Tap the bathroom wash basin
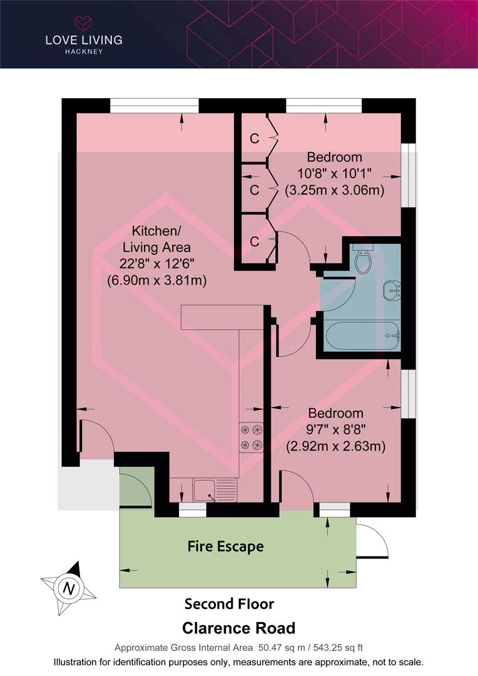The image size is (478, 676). pos(392,290)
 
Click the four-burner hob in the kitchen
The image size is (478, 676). pos(252,437)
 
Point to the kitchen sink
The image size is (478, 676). pos(215,490)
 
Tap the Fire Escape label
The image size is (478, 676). pos(225,546)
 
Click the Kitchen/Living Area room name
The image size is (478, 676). pos(156,239)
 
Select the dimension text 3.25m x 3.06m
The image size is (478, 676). pos(335,190)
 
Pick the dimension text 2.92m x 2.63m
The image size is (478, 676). pos(336,446)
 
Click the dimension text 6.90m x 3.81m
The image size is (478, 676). pos(156,280)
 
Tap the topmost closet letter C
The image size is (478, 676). pos(255,138)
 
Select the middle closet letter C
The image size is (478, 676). pos(255,190)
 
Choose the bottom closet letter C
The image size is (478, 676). pos(255,242)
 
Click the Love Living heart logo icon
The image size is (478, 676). pos(84,23)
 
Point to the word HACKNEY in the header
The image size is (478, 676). pos(84,52)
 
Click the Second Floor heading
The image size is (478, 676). pos(229,604)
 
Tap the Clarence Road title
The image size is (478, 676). pos(239,628)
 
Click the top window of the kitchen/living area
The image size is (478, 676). pos(155,106)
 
